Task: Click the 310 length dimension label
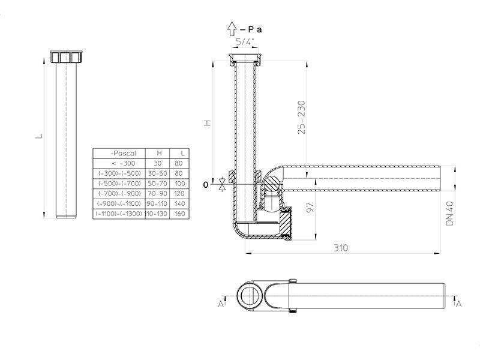(340, 248)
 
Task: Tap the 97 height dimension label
(310, 208)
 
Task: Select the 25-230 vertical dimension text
(302, 117)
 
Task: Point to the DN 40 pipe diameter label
(449, 214)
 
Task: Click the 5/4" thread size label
(245, 41)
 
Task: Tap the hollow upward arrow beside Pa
(232, 29)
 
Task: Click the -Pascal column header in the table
(123, 153)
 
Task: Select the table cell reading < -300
(124, 163)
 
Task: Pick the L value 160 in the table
(179, 214)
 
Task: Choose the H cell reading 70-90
(157, 193)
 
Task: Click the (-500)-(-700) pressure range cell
(119, 184)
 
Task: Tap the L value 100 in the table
(179, 184)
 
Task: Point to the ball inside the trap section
(272, 184)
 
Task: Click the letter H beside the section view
(208, 123)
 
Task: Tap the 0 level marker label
(205, 185)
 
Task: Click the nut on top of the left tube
(67, 56)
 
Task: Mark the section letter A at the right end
(458, 304)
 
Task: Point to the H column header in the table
(159, 153)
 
